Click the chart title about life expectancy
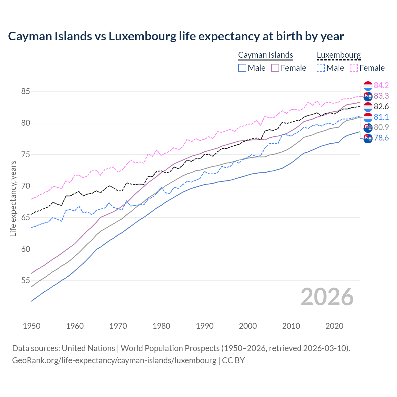pos(176,36)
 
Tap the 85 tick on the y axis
pos(25,91)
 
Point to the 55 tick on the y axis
pos(25,281)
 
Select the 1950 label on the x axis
pos(32,326)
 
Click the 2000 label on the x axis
pos(248,326)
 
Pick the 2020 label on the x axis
pos(334,326)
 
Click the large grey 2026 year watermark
pos(327,297)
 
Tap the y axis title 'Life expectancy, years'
pos(13,198)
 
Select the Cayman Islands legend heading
pos(265,55)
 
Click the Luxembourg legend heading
pos(339,55)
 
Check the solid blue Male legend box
pos(242,68)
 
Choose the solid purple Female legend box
pos(275,68)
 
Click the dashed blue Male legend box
pos(321,68)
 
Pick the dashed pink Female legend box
pos(354,68)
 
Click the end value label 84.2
pos(381,85)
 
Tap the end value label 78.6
pos(381,138)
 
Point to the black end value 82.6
pos(381,106)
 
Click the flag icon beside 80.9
pos(368,127)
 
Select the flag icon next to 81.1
pos(368,117)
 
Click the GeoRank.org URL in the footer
pos(114,360)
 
